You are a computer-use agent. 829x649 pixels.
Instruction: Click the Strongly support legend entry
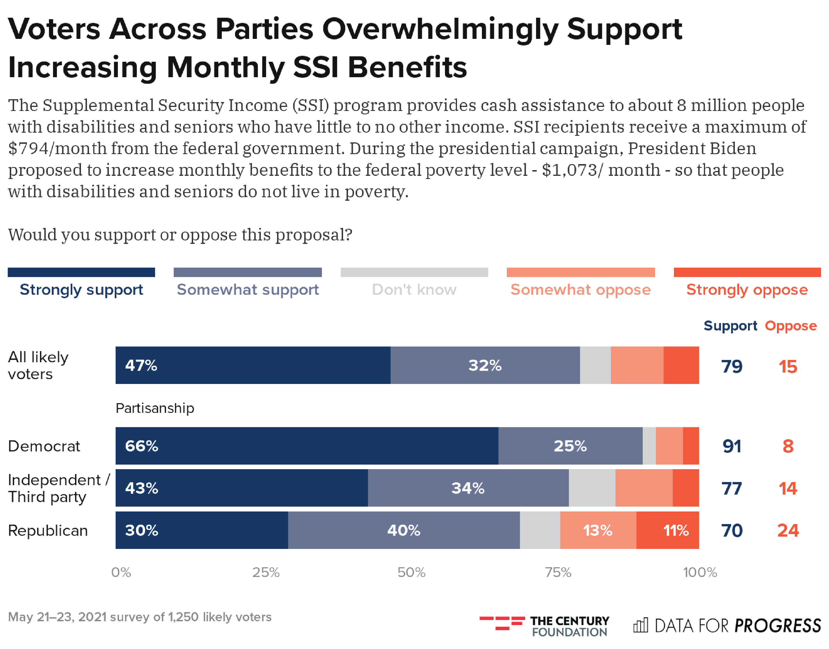(x=81, y=290)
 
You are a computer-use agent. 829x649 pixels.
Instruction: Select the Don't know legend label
(x=414, y=290)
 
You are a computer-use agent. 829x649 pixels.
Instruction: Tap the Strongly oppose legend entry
(x=747, y=290)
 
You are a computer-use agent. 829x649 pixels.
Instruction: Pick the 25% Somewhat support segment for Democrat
(x=570, y=446)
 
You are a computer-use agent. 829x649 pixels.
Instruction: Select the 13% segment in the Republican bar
(x=598, y=530)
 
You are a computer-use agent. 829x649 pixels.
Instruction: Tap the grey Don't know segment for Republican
(x=540, y=530)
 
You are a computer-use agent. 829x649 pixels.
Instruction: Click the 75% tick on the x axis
(x=558, y=572)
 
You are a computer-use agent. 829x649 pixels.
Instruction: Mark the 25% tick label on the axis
(x=266, y=572)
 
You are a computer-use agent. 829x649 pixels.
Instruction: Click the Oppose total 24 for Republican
(x=788, y=530)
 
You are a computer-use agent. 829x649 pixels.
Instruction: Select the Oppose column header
(x=791, y=326)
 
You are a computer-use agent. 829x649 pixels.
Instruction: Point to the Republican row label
(x=48, y=530)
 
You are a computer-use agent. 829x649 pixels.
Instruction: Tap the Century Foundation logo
(x=544, y=626)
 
